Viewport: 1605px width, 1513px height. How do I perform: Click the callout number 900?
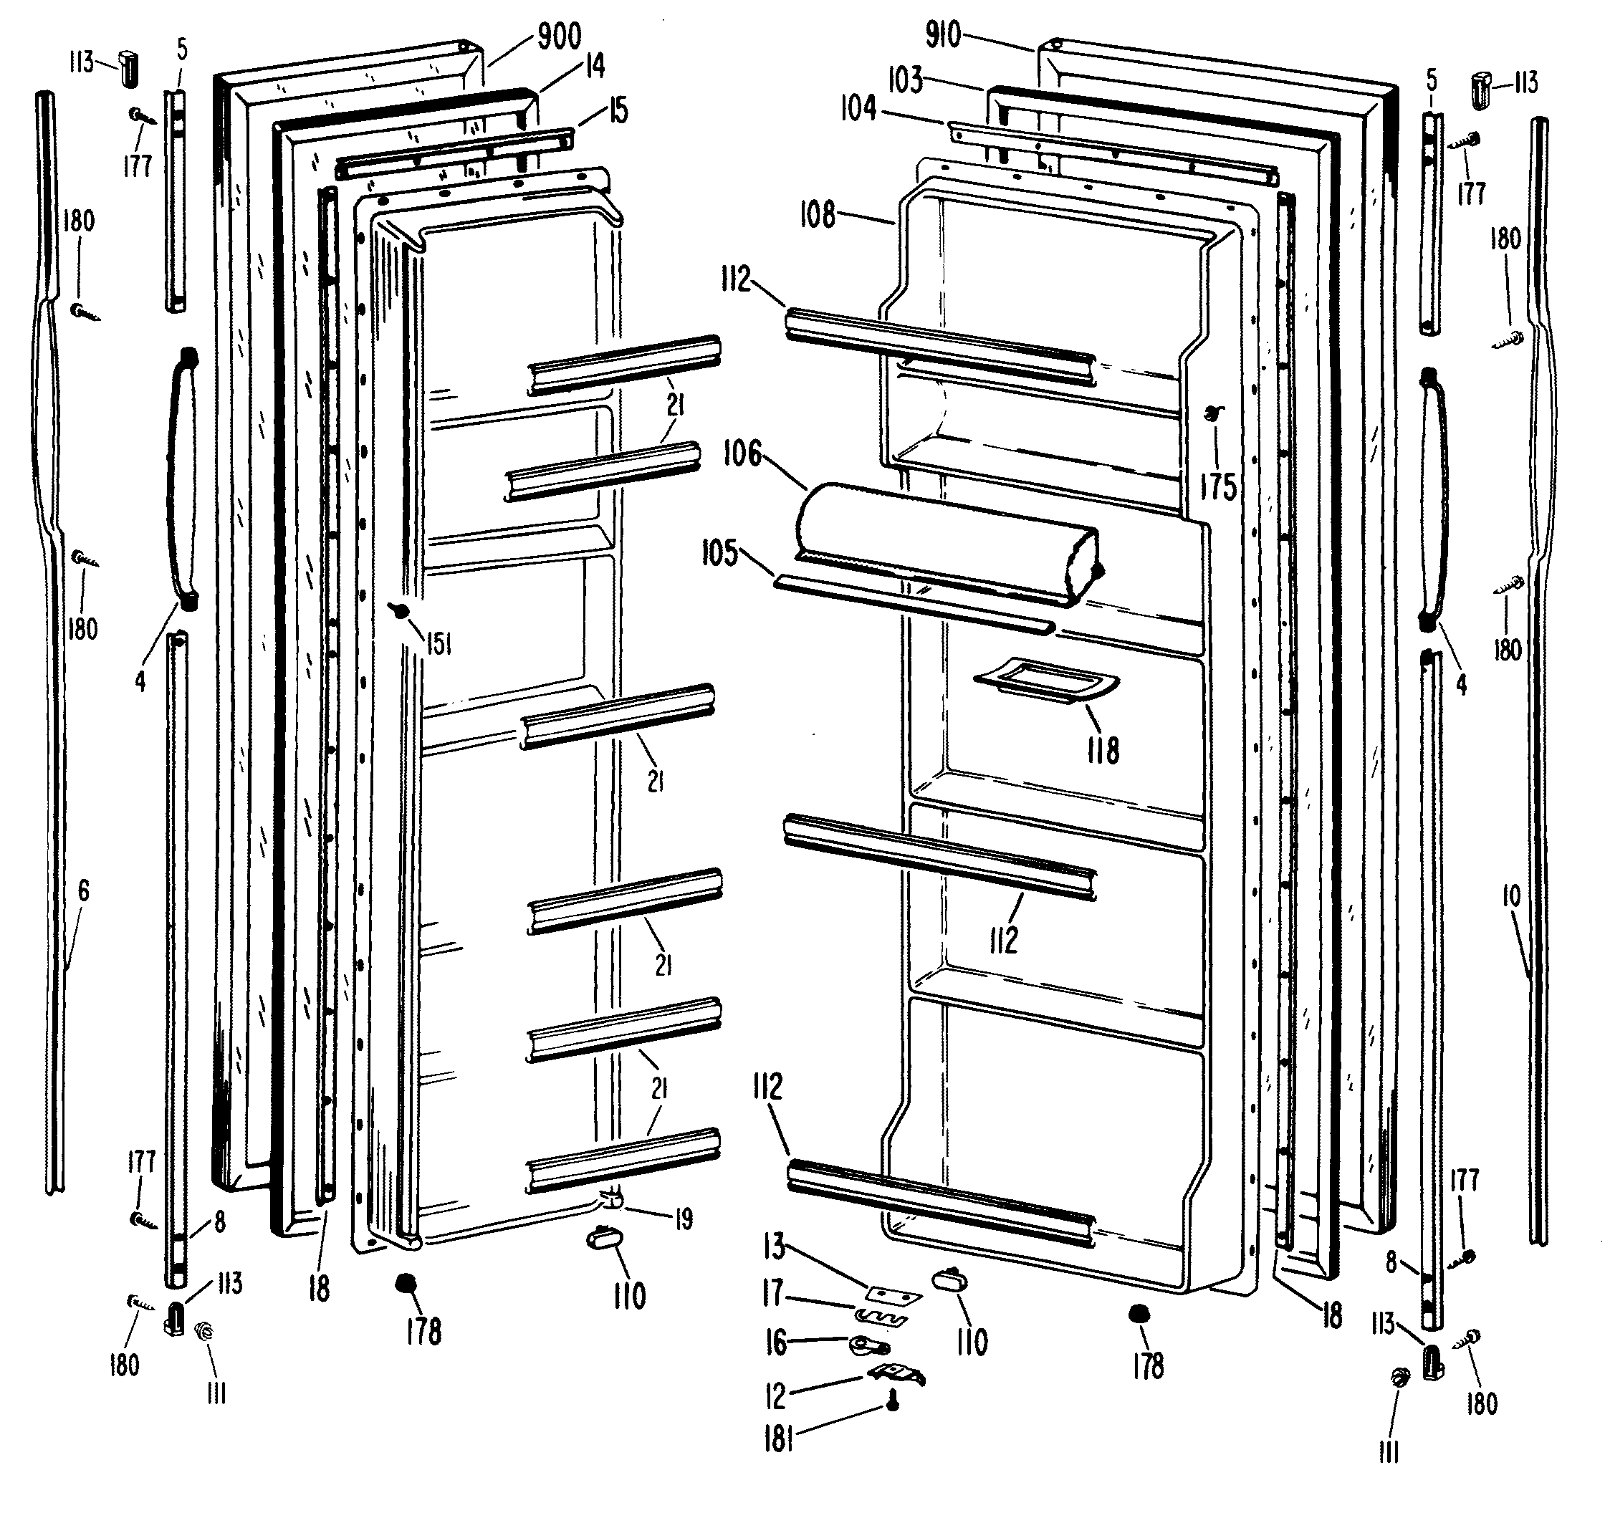click(560, 37)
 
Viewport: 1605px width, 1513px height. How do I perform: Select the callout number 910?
click(943, 34)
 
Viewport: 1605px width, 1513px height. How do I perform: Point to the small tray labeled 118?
click(1046, 682)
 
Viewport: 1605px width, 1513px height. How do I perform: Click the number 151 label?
click(439, 643)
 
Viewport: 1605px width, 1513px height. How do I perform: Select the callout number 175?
click(1218, 487)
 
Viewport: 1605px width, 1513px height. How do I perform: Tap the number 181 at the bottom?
click(779, 1439)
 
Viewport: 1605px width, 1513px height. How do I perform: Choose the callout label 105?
click(719, 554)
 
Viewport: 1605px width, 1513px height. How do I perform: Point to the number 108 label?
click(818, 216)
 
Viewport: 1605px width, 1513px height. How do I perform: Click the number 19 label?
click(684, 1219)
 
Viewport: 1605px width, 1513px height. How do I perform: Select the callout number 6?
click(83, 890)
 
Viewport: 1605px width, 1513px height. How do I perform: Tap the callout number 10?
click(1511, 895)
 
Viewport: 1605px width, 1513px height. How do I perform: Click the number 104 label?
click(859, 107)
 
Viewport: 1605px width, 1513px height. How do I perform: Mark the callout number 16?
click(776, 1343)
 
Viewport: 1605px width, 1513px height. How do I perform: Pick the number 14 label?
click(595, 66)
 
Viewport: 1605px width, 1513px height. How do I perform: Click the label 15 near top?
click(618, 110)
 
